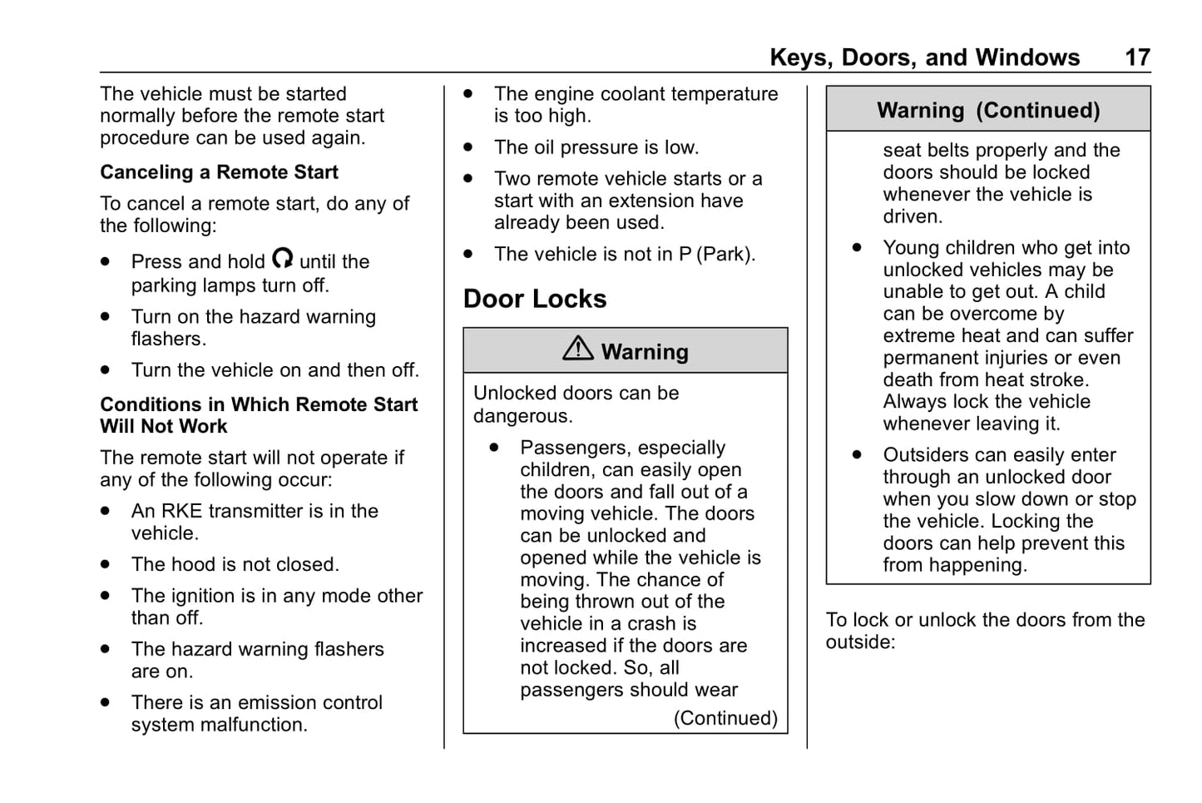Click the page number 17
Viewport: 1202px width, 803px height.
[x=1137, y=57]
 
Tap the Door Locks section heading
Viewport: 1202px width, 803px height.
[x=535, y=299]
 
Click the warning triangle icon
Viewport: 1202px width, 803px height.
[x=577, y=349]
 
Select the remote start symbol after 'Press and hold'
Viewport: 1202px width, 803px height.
[x=283, y=259]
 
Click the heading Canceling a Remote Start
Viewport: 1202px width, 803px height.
[x=219, y=172]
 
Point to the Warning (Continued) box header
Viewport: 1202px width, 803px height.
[x=988, y=111]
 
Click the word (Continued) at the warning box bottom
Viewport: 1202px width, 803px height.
[x=725, y=718]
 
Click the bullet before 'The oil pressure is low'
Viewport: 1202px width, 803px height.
[x=468, y=147]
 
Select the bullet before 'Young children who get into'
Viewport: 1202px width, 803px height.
[x=857, y=248]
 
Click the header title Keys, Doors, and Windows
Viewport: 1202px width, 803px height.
[x=924, y=57]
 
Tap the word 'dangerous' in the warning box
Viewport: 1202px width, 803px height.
[x=522, y=416]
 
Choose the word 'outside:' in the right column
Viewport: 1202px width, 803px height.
[x=860, y=642]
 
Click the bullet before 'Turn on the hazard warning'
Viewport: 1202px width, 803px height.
[x=105, y=317]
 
